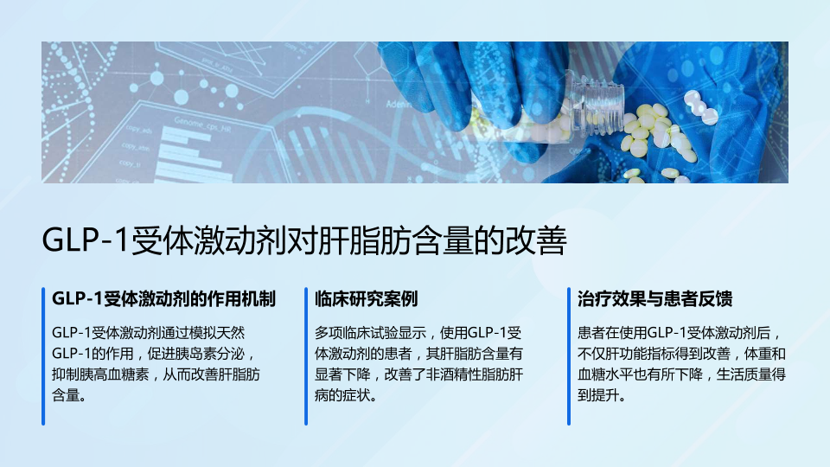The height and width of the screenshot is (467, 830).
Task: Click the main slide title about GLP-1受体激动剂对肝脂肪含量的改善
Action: coord(304,240)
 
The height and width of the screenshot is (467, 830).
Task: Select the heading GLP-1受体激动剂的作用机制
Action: coord(163,299)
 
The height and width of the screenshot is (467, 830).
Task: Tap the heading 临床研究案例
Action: coord(367,299)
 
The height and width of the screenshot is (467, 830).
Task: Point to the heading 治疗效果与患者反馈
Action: coord(654,299)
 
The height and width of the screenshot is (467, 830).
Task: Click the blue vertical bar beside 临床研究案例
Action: coord(306,356)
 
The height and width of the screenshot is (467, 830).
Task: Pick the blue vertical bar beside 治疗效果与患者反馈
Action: coord(569,356)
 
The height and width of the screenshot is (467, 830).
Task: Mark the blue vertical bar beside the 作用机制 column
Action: coord(43,356)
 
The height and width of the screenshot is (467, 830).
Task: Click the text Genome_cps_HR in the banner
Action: coord(202,125)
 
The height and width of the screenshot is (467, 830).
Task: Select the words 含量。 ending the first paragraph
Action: coord(69,395)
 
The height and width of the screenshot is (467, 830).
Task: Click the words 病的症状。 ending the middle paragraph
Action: coord(346,395)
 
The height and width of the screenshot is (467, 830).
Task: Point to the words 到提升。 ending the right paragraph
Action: coord(602,395)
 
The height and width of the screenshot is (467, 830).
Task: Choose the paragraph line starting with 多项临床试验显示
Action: coord(418,332)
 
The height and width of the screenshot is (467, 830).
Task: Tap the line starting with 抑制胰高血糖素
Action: coord(156,374)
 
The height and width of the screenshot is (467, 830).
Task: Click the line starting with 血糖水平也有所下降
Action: coord(682,374)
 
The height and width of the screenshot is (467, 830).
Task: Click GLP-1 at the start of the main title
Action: coord(86,240)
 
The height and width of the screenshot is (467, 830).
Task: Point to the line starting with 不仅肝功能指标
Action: coord(682,354)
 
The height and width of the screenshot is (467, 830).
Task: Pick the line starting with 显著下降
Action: coord(419,374)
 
